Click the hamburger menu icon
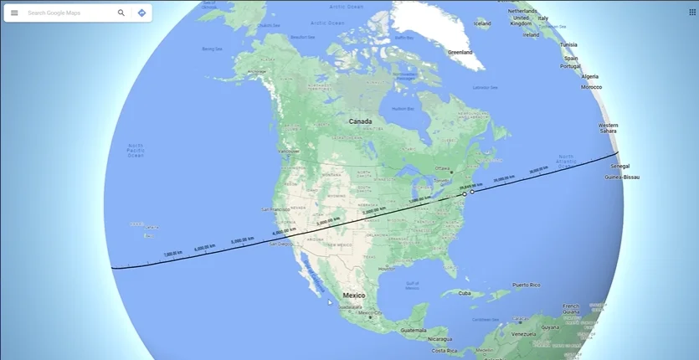coord(14,13)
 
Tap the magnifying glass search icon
coord(121,13)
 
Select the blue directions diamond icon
coord(141,13)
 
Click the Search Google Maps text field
coord(67,13)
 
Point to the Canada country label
coord(360,121)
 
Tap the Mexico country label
coord(354,295)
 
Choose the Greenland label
coord(460,52)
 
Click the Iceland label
coord(482,23)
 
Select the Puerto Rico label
coord(526,285)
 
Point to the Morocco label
coord(592,87)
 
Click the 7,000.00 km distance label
coord(172,253)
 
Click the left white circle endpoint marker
coord(465,194)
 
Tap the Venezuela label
coord(522,333)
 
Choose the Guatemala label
coord(413,330)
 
